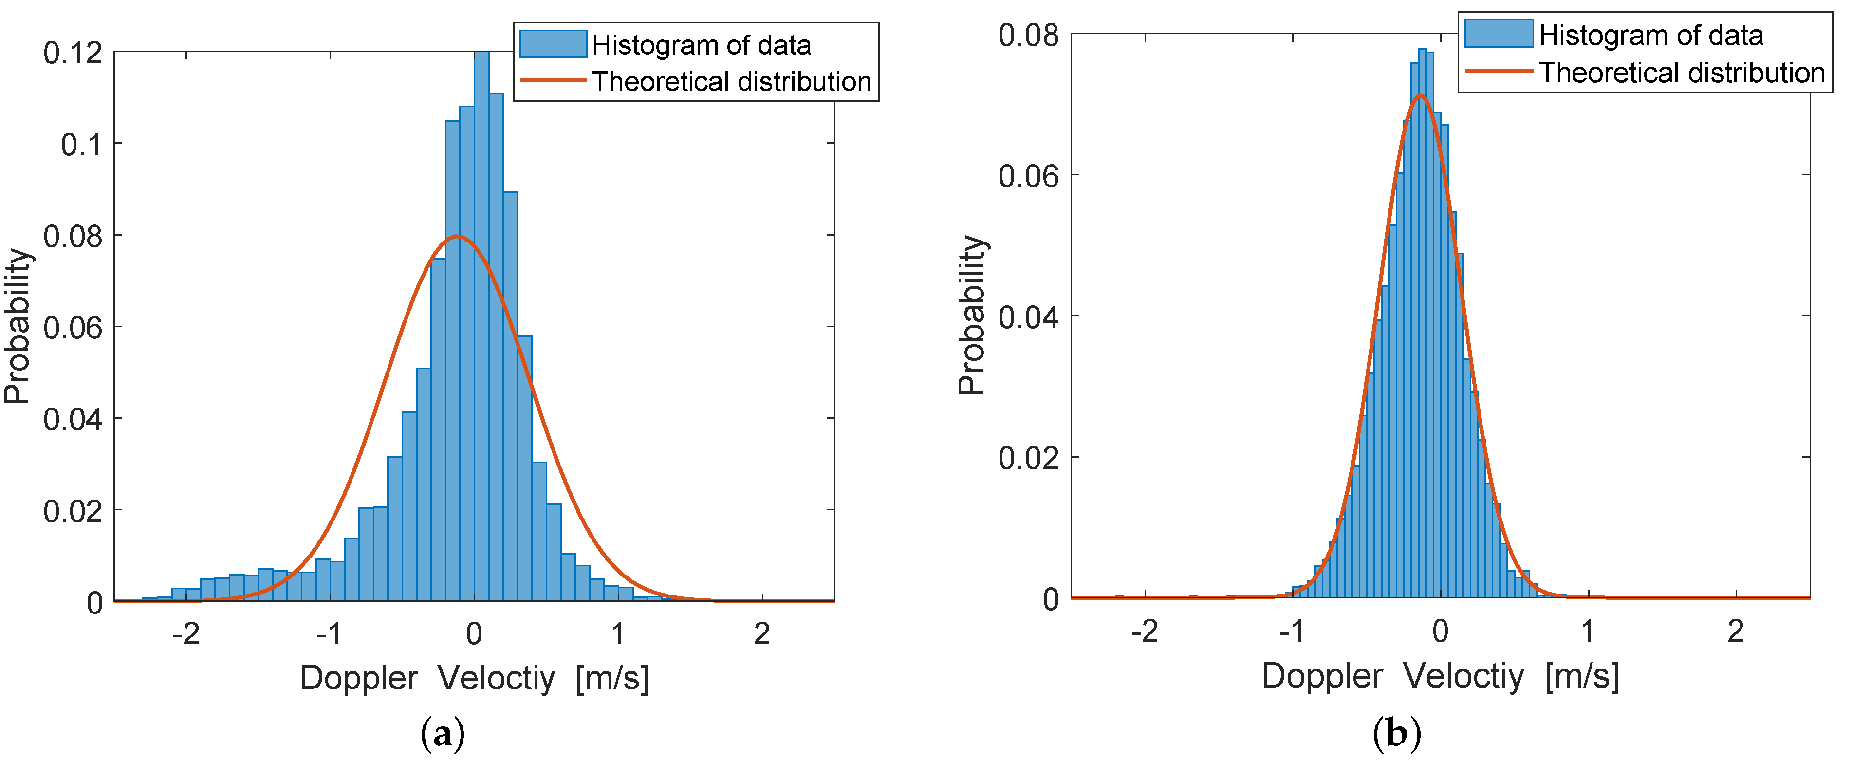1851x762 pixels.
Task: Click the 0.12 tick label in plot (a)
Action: (73, 53)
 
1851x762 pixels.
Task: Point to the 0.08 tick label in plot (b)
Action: (1028, 35)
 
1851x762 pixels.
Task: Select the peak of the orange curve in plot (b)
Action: (1420, 95)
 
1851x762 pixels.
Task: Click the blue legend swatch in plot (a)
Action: (553, 44)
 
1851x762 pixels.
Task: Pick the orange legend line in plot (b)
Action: (1498, 71)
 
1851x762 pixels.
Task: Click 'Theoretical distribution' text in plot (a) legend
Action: (731, 81)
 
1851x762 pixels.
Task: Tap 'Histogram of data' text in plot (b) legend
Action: (1650, 35)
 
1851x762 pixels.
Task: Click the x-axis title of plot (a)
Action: (474, 677)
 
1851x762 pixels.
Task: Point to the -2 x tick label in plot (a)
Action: (185, 634)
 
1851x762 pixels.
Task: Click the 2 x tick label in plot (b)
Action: (1735, 631)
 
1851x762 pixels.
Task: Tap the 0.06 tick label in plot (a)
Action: (73, 328)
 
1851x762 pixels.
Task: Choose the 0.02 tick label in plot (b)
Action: (1028, 457)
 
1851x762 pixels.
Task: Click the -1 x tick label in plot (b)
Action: (1291, 631)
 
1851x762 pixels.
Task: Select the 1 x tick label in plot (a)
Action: (618, 634)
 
